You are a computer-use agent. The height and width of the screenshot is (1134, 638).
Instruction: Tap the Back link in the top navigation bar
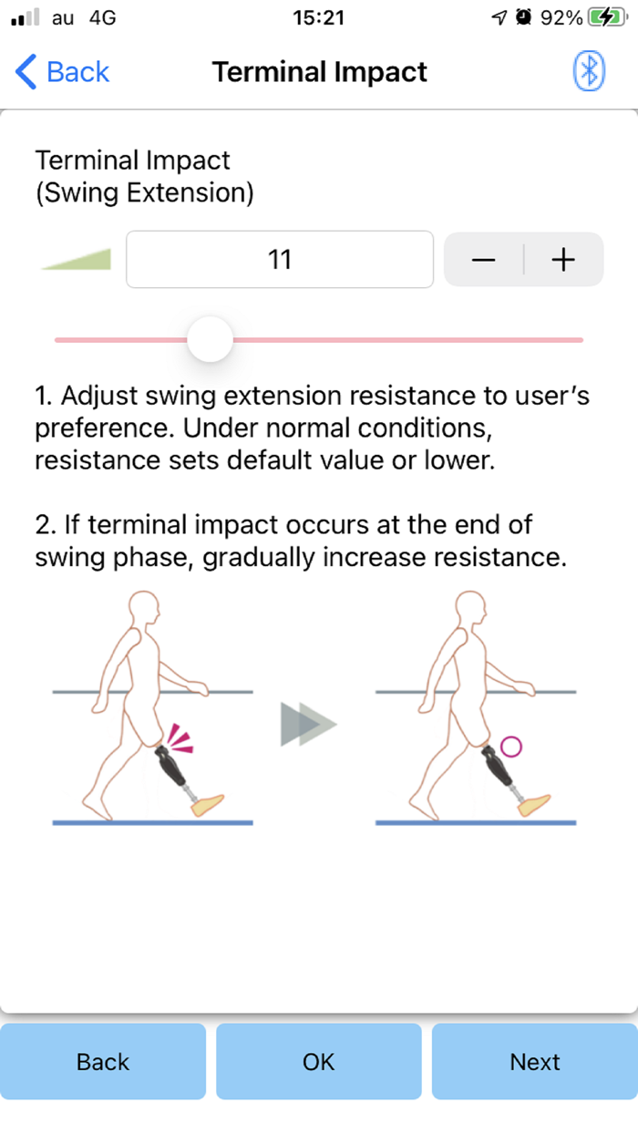click(62, 72)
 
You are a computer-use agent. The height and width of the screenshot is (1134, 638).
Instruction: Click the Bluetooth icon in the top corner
click(589, 71)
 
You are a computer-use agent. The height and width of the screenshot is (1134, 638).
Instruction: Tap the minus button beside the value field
click(484, 260)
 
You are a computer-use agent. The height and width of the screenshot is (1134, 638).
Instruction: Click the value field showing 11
click(280, 260)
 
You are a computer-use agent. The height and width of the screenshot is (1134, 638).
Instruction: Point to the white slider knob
click(211, 339)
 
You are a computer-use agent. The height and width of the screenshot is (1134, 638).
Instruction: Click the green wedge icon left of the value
click(77, 260)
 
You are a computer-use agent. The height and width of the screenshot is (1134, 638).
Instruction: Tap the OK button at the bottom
click(319, 1062)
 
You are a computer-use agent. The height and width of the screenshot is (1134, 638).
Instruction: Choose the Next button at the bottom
click(535, 1062)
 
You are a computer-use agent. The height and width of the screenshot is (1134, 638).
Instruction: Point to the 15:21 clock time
click(320, 17)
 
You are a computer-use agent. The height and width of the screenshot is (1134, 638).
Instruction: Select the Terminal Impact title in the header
click(320, 72)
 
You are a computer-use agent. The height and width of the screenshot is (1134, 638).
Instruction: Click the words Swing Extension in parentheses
click(144, 194)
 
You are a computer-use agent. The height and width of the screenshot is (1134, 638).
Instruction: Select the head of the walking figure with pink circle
click(471, 609)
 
